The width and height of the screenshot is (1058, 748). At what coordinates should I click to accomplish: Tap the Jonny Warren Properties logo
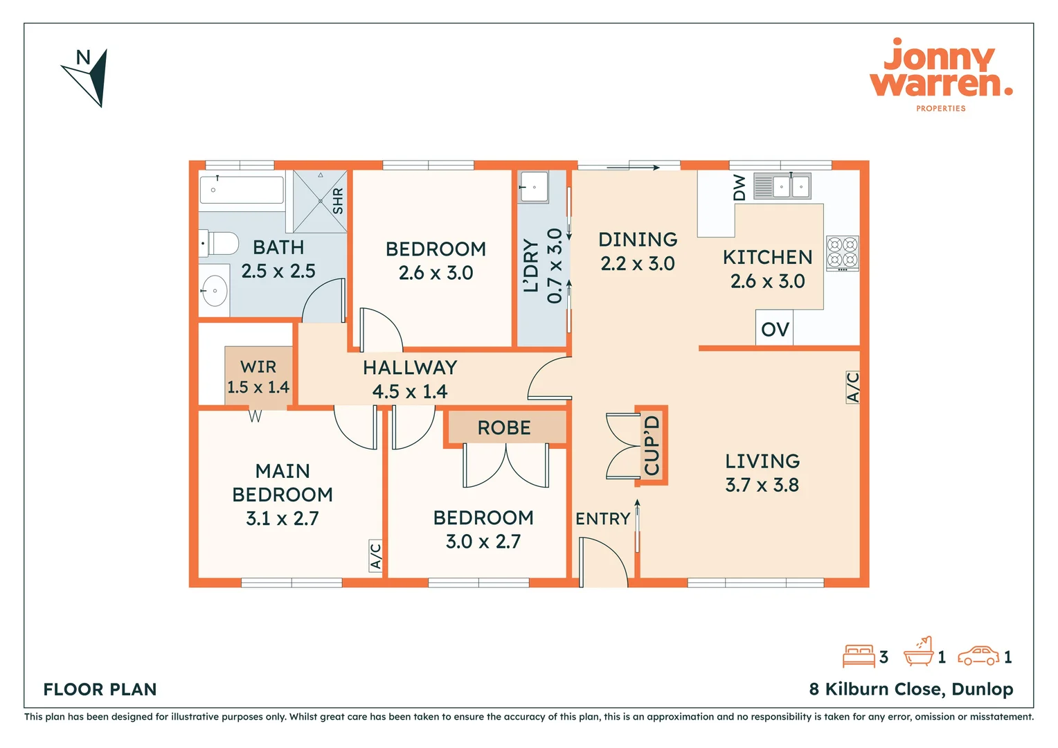[942, 75]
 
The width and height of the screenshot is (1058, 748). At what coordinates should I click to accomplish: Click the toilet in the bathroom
[219, 243]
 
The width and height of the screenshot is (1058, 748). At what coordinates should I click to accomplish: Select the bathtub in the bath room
[242, 190]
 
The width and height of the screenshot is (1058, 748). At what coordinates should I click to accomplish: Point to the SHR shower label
[338, 201]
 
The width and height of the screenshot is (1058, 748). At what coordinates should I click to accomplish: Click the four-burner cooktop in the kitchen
[843, 253]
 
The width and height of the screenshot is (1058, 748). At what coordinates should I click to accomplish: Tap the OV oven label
[775, 330]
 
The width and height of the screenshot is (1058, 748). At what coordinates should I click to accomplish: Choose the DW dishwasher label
[739, 188]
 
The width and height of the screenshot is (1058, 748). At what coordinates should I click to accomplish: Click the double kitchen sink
[782, 186]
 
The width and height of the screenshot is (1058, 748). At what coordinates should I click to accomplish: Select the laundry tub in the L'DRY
[533, 187]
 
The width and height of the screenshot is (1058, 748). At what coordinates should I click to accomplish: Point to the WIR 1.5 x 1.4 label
[258, 377]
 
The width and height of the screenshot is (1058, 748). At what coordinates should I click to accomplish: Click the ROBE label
[504, 427]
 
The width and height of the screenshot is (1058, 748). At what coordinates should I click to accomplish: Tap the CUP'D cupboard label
[652, 445]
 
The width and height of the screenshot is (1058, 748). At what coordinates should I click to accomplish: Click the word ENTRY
[602, 519]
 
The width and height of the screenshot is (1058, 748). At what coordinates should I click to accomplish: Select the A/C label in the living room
[852, 387]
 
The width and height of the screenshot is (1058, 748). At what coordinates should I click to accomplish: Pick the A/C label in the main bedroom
[375, 555]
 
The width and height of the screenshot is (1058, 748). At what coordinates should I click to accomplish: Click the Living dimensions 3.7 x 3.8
[762, 486]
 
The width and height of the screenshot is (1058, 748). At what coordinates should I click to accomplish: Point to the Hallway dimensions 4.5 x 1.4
[409, 392]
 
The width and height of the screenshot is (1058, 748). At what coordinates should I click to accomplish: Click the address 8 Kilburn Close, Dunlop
[911, 689]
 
